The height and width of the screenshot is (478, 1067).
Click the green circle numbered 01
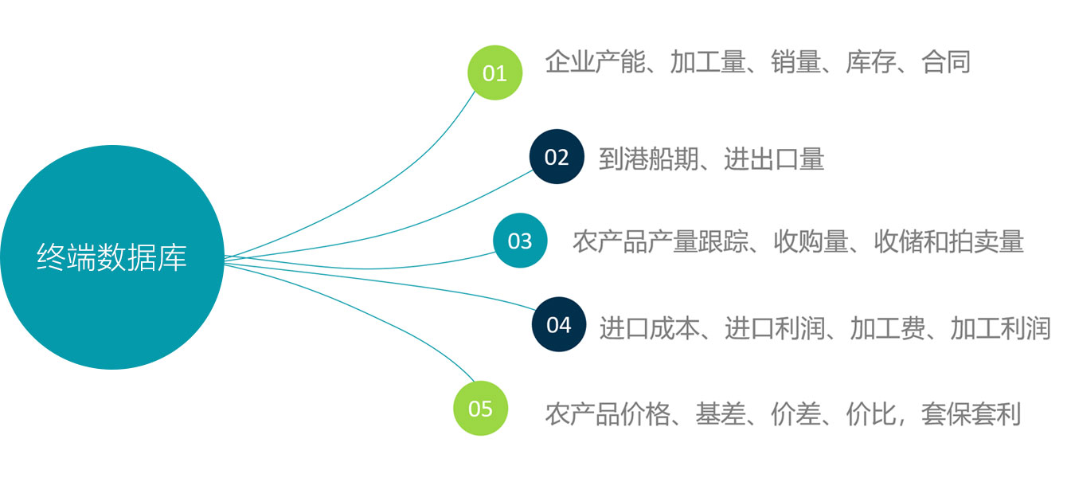point(494,73)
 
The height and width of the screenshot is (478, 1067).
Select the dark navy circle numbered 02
point(557,157)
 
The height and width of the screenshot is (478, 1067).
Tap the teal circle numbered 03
point(520,241)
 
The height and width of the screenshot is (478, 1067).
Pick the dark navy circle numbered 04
point(559,324)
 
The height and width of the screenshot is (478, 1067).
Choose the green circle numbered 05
point(481,409)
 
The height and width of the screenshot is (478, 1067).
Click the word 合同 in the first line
point(946,62)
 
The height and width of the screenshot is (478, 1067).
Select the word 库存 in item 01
point(870,62)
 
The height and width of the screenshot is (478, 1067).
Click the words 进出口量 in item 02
point(774,159)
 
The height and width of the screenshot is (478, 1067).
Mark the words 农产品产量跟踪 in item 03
point(660,241)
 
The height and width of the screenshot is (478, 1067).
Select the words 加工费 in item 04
point(887,327)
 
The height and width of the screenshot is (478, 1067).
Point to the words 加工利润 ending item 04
point(1000,327)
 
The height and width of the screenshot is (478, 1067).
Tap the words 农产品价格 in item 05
point(608,413)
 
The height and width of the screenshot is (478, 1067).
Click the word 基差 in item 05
point(721,413)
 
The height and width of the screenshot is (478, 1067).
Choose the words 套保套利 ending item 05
point(971,413)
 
